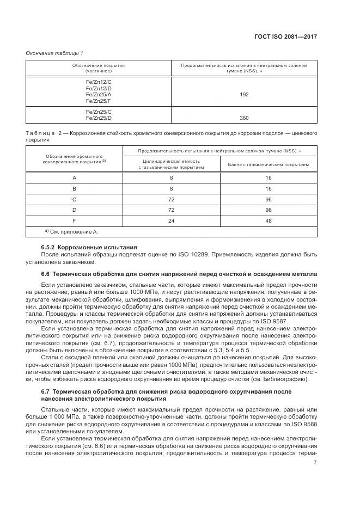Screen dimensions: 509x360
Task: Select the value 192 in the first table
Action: pos(244,94)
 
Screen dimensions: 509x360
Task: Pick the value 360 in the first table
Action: pos(244,118)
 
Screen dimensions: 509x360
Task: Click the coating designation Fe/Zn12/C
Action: pos(99,81)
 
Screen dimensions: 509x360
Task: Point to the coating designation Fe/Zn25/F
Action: pos(99,101)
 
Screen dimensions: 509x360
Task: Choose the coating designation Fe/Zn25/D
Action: pos(99,118)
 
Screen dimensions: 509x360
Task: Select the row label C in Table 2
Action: pos(74,200)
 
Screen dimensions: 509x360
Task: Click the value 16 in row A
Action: pos(269,177)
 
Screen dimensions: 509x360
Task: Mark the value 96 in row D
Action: pos(269,211)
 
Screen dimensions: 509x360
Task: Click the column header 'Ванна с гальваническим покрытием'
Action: pos(269,164)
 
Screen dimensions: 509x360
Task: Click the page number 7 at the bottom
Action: pos(315,463)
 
